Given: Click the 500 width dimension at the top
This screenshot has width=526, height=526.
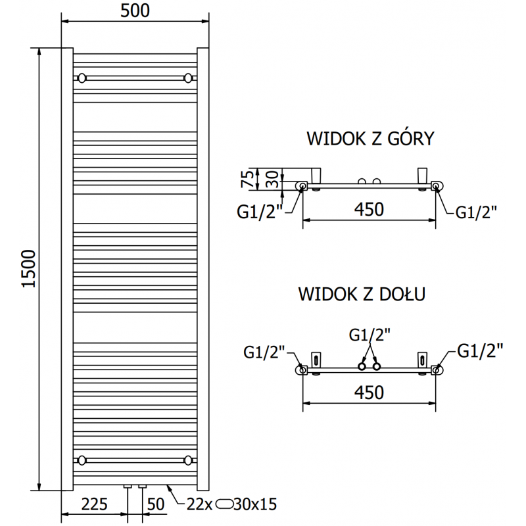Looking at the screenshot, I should [135, 11].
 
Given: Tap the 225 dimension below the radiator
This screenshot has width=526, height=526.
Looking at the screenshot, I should [95, 504].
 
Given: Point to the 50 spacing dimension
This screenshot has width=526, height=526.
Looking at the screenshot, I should [155, 504].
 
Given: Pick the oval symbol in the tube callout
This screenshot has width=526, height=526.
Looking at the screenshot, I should [225, 504].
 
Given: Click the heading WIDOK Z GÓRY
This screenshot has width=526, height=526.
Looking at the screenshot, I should [370, 139].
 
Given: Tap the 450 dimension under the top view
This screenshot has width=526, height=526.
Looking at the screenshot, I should [369, 209].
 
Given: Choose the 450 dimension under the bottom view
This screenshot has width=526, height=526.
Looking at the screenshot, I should [369, 393].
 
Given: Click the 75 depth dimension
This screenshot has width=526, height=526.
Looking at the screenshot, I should [247, 179].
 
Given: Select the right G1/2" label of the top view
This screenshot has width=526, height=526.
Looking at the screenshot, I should [476, 212].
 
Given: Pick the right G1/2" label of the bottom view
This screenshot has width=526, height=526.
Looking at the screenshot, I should [480, 350].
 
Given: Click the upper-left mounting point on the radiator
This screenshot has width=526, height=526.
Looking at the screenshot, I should [82, 78].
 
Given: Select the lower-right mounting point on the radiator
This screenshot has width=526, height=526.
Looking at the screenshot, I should [189, 460].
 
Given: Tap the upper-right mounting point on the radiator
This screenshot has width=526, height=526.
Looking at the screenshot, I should [189, 78].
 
